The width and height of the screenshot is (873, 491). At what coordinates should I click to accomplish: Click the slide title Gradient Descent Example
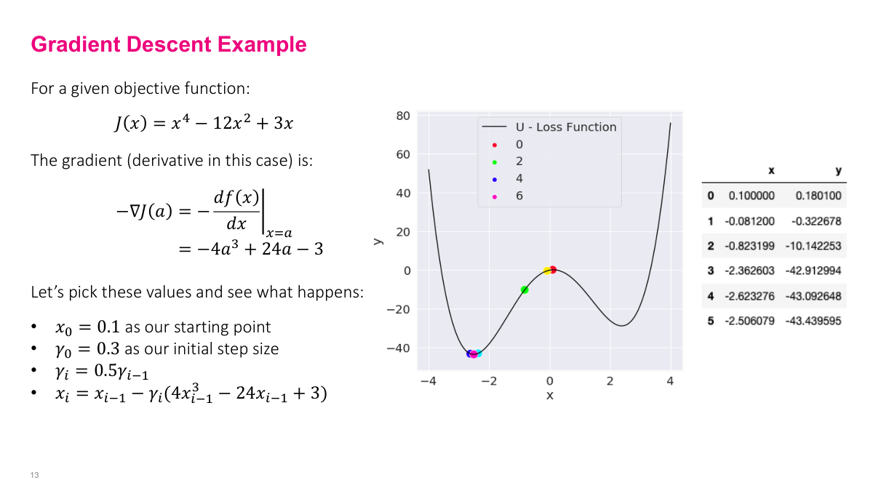[169, 44]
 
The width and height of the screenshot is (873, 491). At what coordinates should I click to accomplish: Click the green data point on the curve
[525, 290]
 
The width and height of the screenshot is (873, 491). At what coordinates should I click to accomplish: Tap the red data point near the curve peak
[553, 270]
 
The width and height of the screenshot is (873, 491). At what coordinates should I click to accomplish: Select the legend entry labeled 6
[519, 196]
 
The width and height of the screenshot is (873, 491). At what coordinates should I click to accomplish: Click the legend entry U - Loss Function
[561, 127]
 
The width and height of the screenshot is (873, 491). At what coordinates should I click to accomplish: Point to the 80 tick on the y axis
[403, 116]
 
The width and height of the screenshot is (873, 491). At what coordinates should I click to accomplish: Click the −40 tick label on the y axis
[398, 348]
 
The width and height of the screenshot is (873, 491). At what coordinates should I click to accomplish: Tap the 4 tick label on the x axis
[670, 381]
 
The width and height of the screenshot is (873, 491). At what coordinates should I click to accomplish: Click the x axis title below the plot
[549, 395]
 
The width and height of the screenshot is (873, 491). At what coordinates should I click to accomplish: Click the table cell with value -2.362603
[752, 271]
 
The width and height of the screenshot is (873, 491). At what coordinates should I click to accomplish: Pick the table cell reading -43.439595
[813, 321]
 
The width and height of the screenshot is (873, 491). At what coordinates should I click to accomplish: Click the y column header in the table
[838, 171]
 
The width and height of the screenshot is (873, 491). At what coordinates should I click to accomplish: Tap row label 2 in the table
[711, 246]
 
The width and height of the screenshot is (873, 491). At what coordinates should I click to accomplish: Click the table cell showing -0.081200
[750, 220]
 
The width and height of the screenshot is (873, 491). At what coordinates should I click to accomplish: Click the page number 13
[34, 475]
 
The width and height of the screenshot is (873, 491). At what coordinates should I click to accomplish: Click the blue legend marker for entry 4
[495, 179]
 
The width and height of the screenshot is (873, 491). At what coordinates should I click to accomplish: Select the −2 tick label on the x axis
[489, 381]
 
